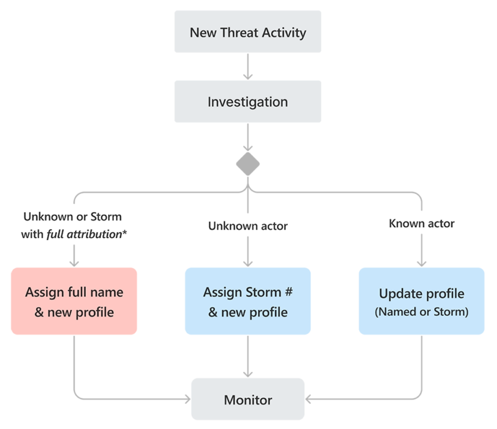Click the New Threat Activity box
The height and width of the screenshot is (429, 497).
(x=248, y=32)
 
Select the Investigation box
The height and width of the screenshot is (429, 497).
(x=248, y=102)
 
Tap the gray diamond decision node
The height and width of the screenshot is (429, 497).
(x=248, y=164)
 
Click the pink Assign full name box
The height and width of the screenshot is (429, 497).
(x=74, y=301)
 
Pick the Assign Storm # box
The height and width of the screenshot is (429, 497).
(x=248, y=301)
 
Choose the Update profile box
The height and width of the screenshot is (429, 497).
(x=421, y=301)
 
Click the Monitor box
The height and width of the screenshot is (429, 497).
(x=248, y=399)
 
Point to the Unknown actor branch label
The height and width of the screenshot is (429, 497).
(x=248, y=226)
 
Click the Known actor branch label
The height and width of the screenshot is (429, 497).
(x=421, y=223)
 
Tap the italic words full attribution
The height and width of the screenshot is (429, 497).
(x=83, y=234)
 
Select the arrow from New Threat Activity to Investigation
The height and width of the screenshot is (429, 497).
(x=248, y=66)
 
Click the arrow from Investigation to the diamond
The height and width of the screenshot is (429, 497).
(x=248, y=137)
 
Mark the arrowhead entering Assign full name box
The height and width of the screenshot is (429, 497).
(x=74, y=262)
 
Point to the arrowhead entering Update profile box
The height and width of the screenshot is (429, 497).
(x=421, y=262)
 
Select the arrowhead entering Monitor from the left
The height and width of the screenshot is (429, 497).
(x=186, y=399)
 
